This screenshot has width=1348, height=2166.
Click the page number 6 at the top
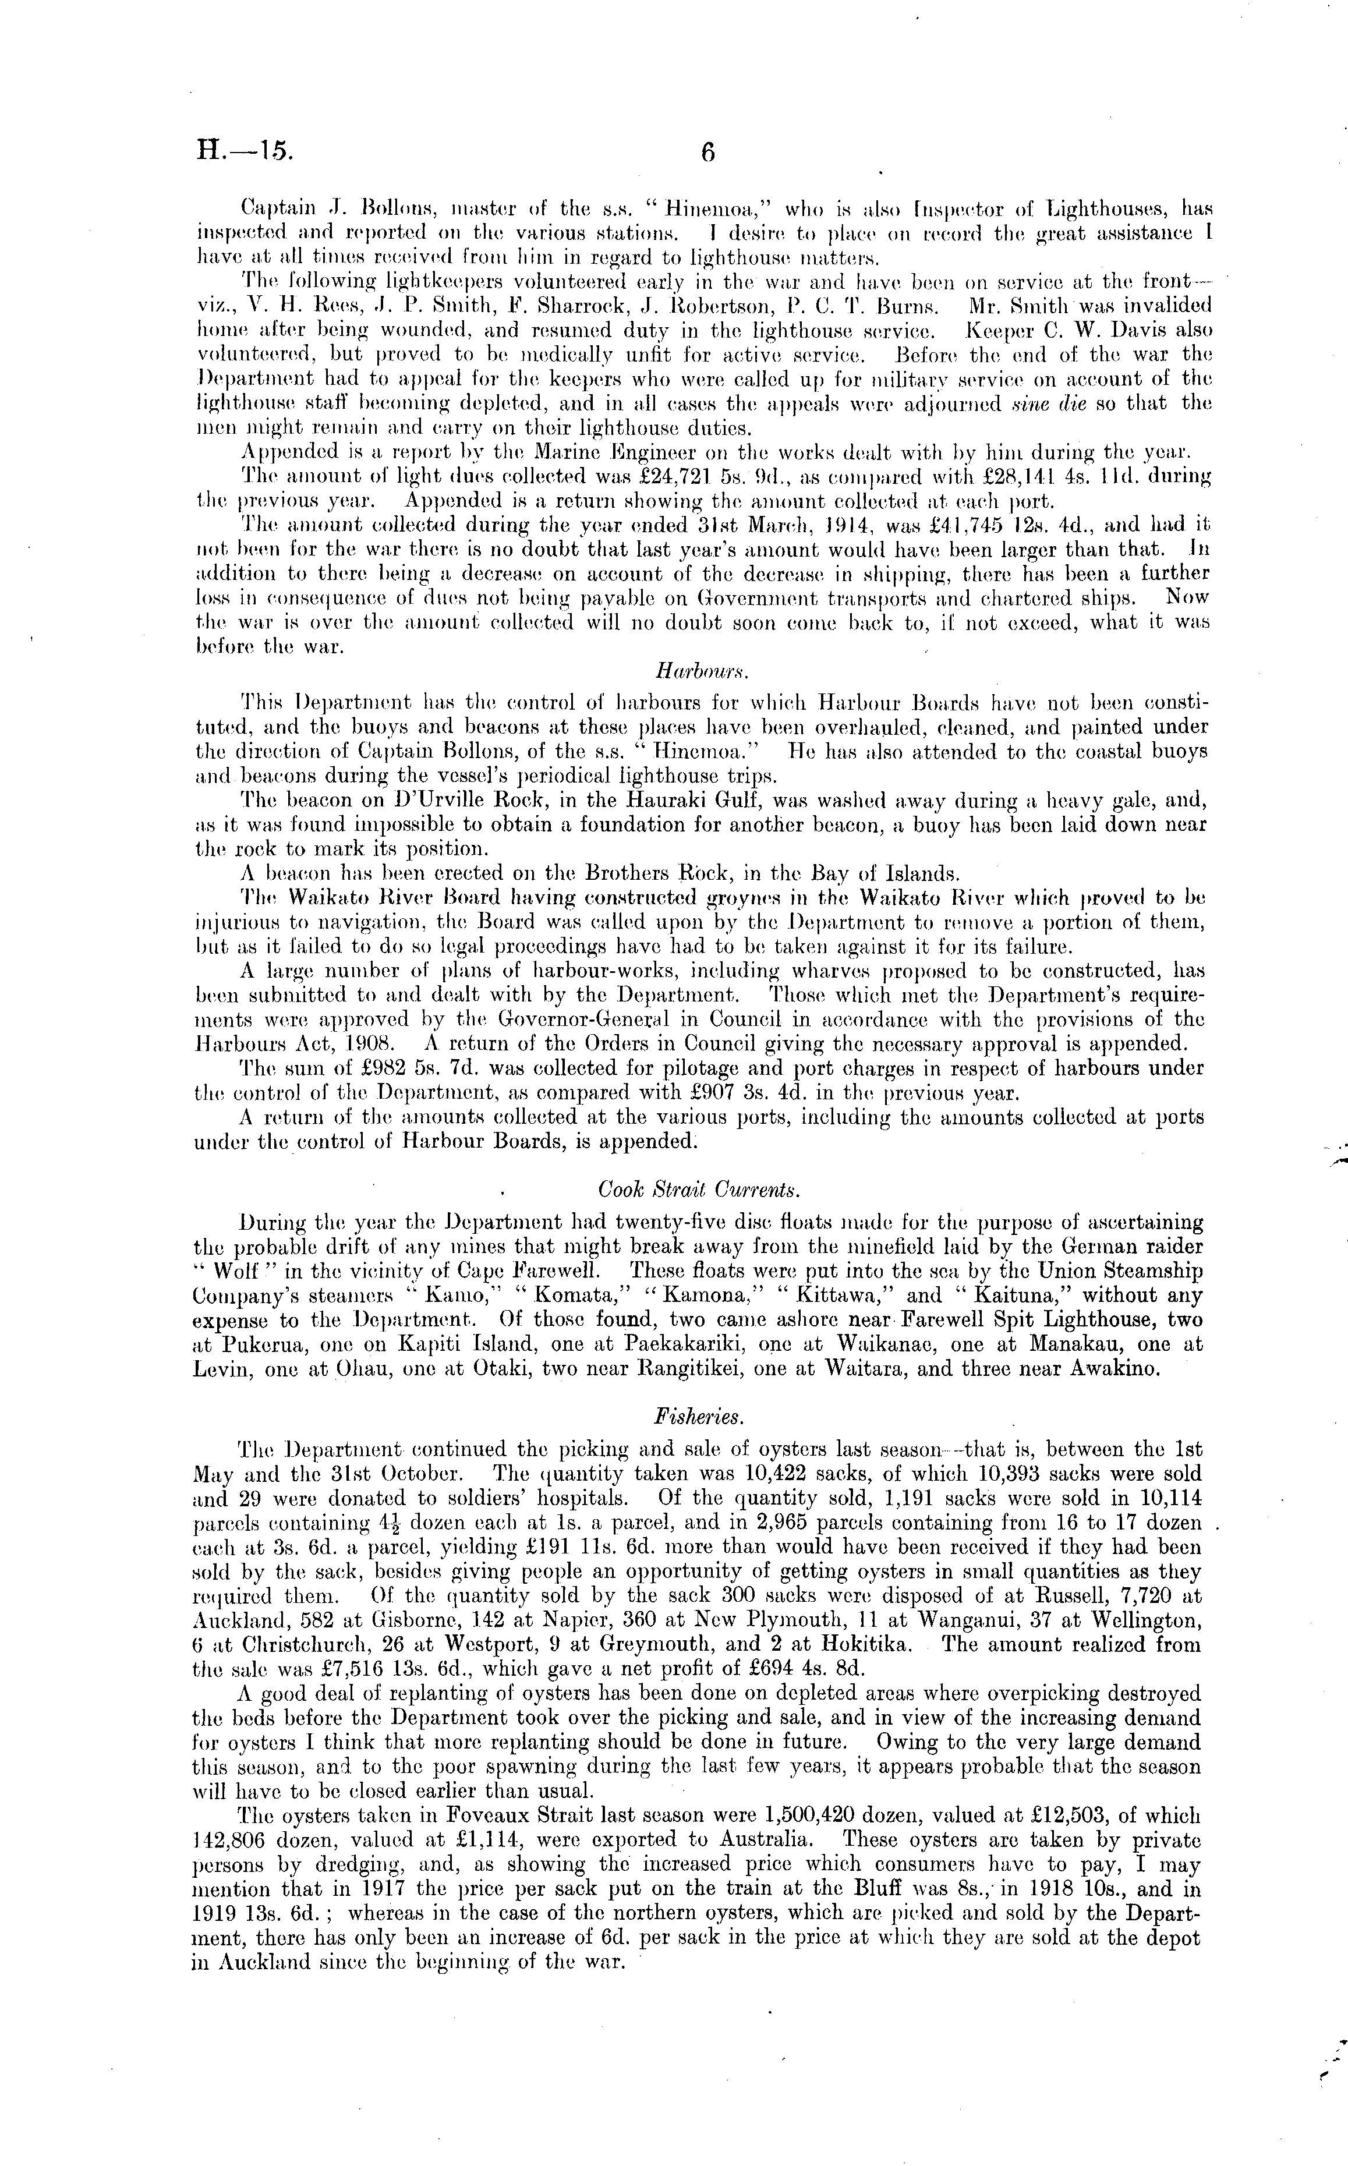point(708,153)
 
